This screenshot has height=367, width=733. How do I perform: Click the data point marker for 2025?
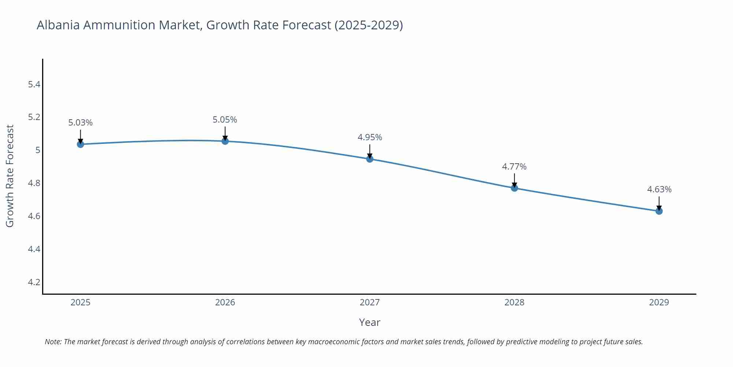(x=80, y=144)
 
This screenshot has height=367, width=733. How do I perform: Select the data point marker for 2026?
(x=225, y=141)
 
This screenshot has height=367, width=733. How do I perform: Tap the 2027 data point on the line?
(x=370, y=159)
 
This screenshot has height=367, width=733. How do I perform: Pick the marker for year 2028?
(x=514, y=188)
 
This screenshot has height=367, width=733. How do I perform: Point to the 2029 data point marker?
(x=659, y=211)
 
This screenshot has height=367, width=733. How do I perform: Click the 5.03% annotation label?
(x=80, y=123)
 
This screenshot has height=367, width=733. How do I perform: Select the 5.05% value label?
(x=225, y=120)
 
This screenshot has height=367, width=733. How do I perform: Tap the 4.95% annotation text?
(x=370, y=137)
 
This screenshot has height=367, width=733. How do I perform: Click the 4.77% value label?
(x=514, y=167)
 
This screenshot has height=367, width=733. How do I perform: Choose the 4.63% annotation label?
(x=659, y=189)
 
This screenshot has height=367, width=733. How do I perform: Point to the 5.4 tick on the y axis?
(x=34, y=84)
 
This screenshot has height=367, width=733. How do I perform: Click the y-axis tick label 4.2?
(x=34, y=282)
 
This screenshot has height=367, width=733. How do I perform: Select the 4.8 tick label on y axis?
(x=34, y=183)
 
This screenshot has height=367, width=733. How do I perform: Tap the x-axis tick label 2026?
(x=225, y=302)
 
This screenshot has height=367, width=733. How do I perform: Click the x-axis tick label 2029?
(x=659, y=302)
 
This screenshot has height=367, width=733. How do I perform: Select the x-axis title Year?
(x=369, y=322)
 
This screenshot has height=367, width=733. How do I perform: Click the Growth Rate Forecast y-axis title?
(x=10, y=176)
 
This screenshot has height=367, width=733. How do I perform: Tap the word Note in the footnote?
(x=53, y=342)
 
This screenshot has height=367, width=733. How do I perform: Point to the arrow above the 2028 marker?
(x=514, y=180)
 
